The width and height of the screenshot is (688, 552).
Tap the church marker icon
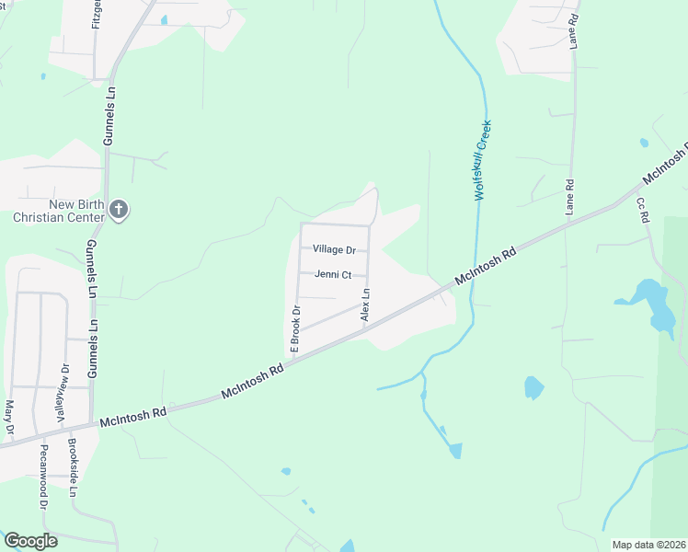(x=118, y=210)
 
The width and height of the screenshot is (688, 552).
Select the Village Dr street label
(x=334, y=249)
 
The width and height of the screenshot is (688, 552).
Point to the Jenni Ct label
(x=333, y=274)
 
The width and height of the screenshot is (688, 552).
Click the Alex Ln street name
(x=365, y=305)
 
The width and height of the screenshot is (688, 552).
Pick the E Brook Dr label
(x=295, y=329)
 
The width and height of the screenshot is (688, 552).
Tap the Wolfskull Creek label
(x=482, y=160)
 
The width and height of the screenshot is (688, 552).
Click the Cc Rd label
(x=643, y=210)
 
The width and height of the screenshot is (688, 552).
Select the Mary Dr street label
(x=10, y=416)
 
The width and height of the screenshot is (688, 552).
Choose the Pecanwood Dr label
(x=43, y=477)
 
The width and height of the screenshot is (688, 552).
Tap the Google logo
(x=31, y=541)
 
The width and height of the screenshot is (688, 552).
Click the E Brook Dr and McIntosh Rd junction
(x=287, y=360)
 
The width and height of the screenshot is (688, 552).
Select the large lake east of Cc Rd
(x=655, y=304)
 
